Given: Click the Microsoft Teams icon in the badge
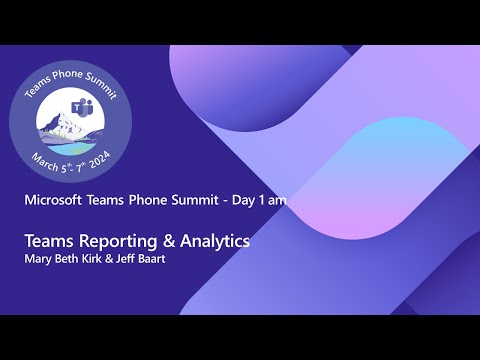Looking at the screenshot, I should [x=81, y=108].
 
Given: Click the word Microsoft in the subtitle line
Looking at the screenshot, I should [x=58, y=200].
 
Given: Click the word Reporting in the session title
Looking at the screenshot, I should [x=113, y=241].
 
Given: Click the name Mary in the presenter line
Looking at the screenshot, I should [x=38, y=259].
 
